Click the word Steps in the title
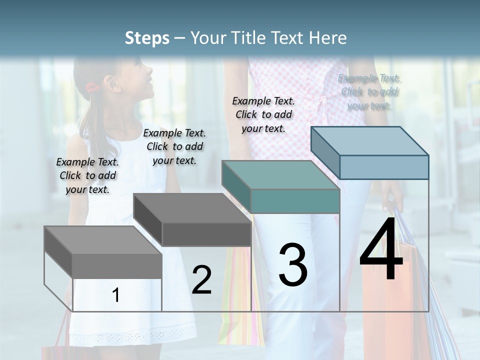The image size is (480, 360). point(147,38)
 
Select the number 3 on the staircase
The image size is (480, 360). point(293,265)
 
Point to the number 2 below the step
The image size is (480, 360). point(201,280)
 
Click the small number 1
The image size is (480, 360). point(116,295)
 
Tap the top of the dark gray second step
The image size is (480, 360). point(192,208)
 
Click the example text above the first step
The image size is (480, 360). point(87,175)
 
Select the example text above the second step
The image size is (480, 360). point(174,146)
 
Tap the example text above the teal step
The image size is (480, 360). point(263,114)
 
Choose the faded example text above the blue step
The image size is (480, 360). point(369,91)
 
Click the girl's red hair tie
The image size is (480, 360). point(92,88)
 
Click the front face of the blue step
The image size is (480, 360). point(384,167)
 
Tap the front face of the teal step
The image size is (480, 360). point(295,201)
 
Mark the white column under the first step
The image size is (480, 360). point(117,295)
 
